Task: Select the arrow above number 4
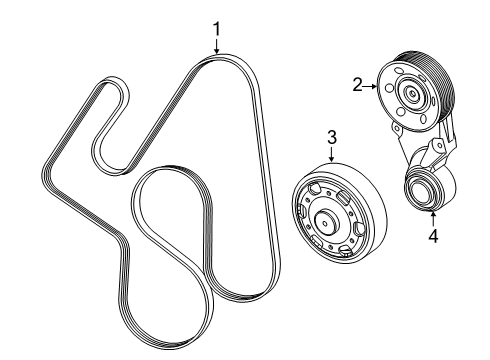click(434, 218)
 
